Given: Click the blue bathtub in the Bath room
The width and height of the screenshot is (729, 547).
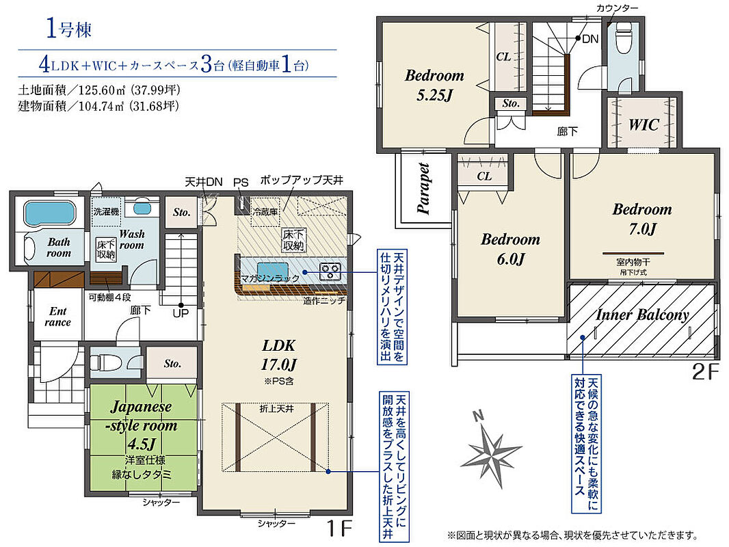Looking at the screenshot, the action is [49, 213].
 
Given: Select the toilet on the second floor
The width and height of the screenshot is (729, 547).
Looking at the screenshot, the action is [624, 38].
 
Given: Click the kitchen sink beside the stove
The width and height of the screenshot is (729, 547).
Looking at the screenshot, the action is [273, 270].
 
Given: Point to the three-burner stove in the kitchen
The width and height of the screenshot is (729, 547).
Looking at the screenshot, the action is [330, 271].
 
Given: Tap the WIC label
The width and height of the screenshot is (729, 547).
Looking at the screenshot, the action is [644, 124].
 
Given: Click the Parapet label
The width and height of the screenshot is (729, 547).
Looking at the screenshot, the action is [423, 188].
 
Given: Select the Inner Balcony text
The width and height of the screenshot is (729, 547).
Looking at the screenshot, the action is [642, 315].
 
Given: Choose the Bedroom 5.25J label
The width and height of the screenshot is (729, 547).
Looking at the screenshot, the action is [434, 85].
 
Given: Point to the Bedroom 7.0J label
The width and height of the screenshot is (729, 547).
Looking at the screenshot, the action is [642, 218].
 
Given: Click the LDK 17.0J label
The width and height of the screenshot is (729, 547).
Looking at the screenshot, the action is [279, 355].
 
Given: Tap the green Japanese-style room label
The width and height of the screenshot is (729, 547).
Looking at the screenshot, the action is [142, 425].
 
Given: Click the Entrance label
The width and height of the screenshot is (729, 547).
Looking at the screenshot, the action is [58, 317].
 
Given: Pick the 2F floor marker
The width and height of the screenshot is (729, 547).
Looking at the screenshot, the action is [705, 372].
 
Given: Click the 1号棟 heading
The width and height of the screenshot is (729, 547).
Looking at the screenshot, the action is [69, 29].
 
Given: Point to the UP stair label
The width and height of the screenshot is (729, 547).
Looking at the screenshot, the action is [181, 313].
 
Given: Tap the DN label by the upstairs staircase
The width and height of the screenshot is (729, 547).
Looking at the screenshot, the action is [590, 39].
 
